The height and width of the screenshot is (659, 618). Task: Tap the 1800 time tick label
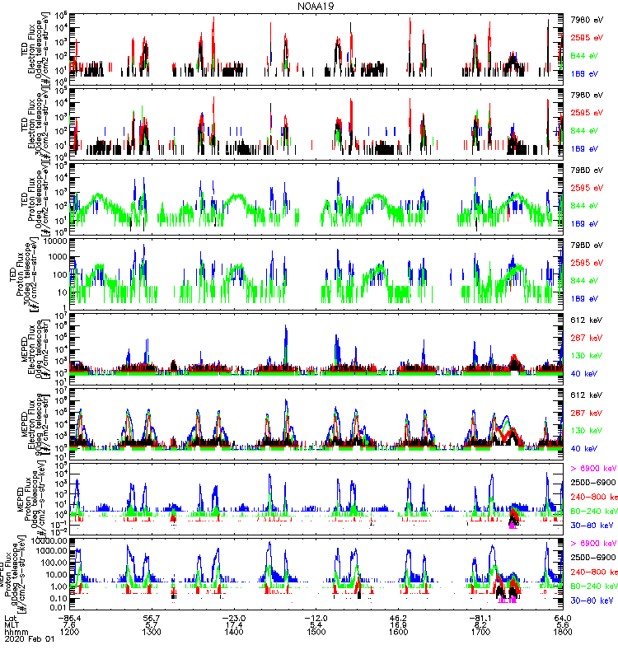point(563,633)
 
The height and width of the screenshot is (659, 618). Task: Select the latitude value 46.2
point(399,617)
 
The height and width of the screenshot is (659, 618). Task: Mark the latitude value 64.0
point(563,617)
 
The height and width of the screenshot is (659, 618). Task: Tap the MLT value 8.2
point(480,625)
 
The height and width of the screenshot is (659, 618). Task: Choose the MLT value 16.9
point(399,625)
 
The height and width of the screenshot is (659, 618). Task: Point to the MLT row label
point(12,625)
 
